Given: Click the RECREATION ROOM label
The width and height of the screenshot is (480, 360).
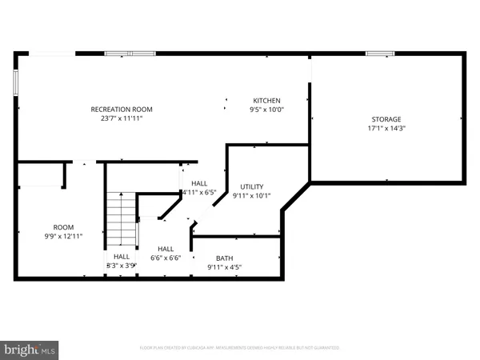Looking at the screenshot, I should (x=122, y=109).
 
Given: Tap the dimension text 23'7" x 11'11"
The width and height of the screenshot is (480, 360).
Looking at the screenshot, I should (x=122, y=118).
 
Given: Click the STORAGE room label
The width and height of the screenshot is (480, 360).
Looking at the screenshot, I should (x=386, y=118).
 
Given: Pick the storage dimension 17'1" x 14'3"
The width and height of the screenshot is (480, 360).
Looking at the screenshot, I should (x=386, y=128).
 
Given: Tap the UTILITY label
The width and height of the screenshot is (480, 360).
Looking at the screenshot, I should (x=252, y=186).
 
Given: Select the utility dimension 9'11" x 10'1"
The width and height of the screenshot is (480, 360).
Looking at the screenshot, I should (x=252, y=195).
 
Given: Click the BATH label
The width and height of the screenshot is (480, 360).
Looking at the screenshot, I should (x=226, y=258).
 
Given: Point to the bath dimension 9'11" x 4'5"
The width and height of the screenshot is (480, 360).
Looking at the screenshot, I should (x=226, y=267).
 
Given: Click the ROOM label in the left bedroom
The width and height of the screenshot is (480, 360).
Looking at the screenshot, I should (x=63, y=226).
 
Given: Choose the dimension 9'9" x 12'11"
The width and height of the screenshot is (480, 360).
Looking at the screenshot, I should (x=63, y=236).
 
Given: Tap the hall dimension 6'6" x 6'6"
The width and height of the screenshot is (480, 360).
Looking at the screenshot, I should (x=166, y=258).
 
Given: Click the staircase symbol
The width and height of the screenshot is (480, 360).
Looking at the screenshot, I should (x=122, y=219).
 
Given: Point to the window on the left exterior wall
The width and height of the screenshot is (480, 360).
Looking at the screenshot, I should (x=15, y=81).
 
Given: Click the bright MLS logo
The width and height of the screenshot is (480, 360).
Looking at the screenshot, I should (x=30, y=349).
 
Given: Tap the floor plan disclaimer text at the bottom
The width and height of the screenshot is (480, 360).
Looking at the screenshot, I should (x=240, y=348).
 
